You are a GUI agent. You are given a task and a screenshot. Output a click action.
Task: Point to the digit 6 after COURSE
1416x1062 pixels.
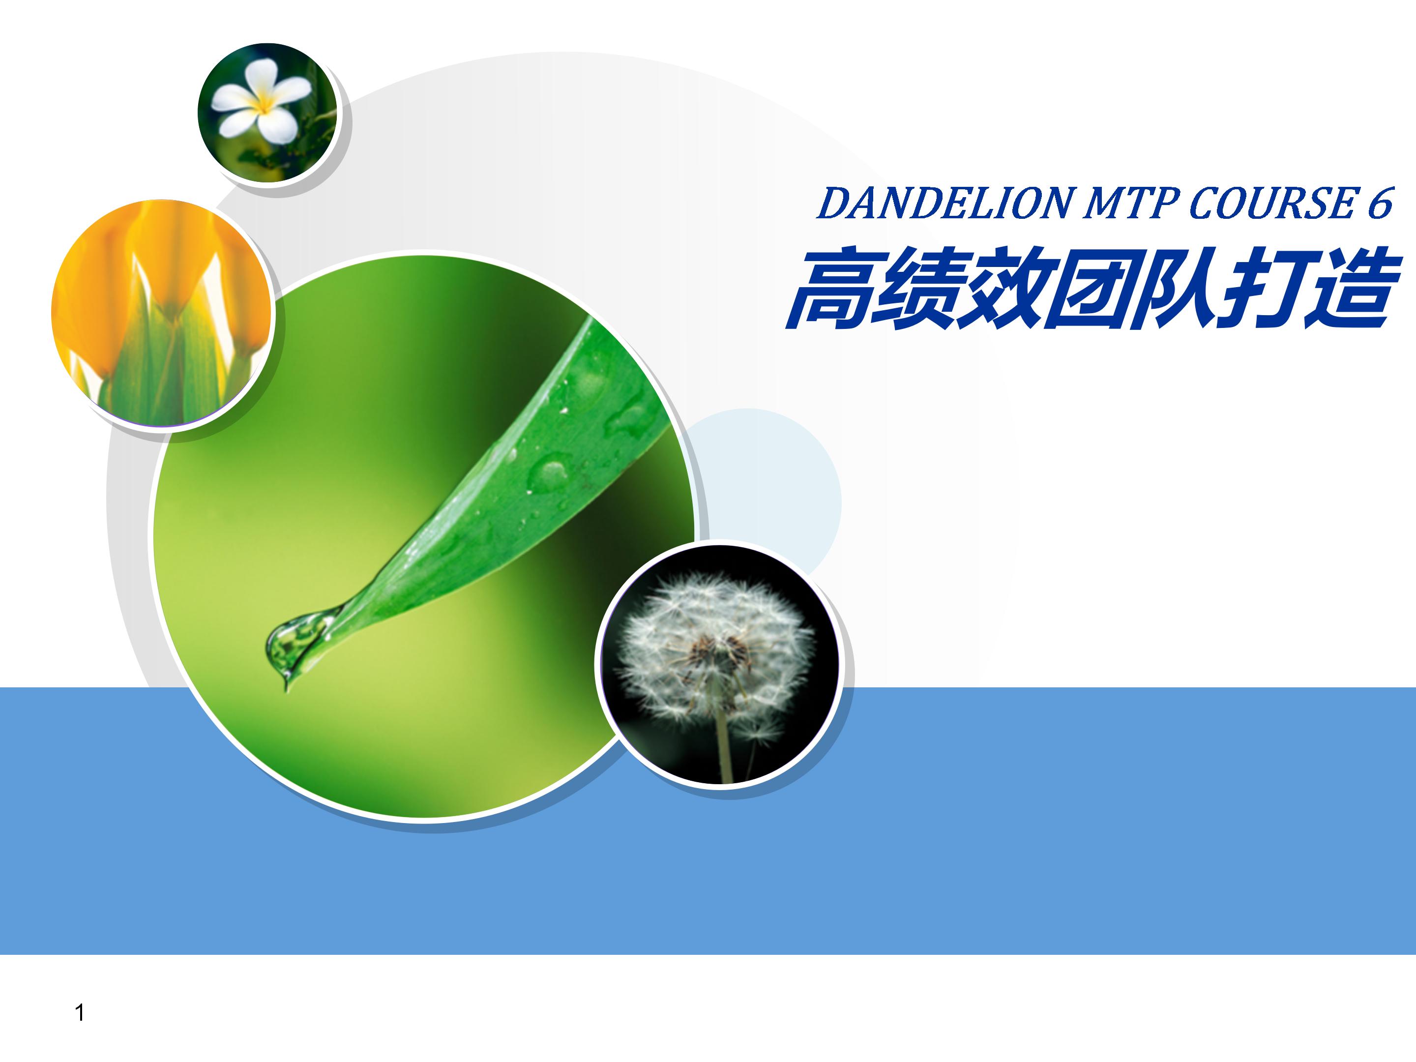[x=1380, y=203]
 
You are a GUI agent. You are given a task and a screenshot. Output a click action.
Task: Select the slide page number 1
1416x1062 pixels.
[x=80, y=1013]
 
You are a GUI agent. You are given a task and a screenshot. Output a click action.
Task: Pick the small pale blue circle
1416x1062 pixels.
[x=768, y=487]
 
